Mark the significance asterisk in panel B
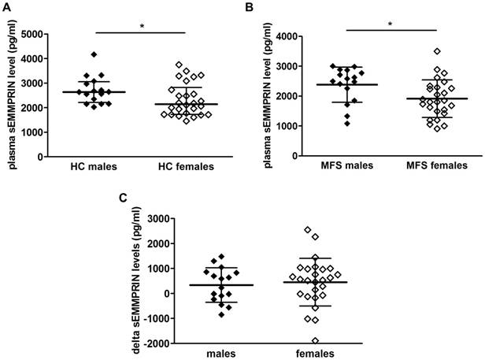(391, 25)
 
